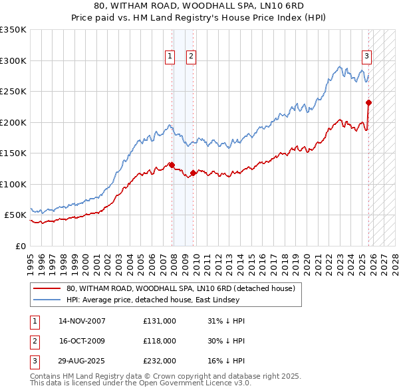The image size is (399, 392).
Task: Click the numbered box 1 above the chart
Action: (x=170, y=57)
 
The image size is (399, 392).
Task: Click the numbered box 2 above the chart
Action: (x=191, y=57)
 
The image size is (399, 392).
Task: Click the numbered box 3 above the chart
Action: (x=366, y=57)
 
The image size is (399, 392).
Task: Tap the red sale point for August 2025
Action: (x=368, y=102)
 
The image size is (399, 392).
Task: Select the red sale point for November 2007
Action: (x=172, y=165)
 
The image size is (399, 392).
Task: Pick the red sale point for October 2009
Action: (x=193, y=173)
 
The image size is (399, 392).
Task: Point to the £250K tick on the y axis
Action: (x=14, y=92)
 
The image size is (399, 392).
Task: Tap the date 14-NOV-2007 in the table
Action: (x=82, y=321)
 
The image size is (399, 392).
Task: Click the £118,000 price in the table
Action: (x=160, y=341)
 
